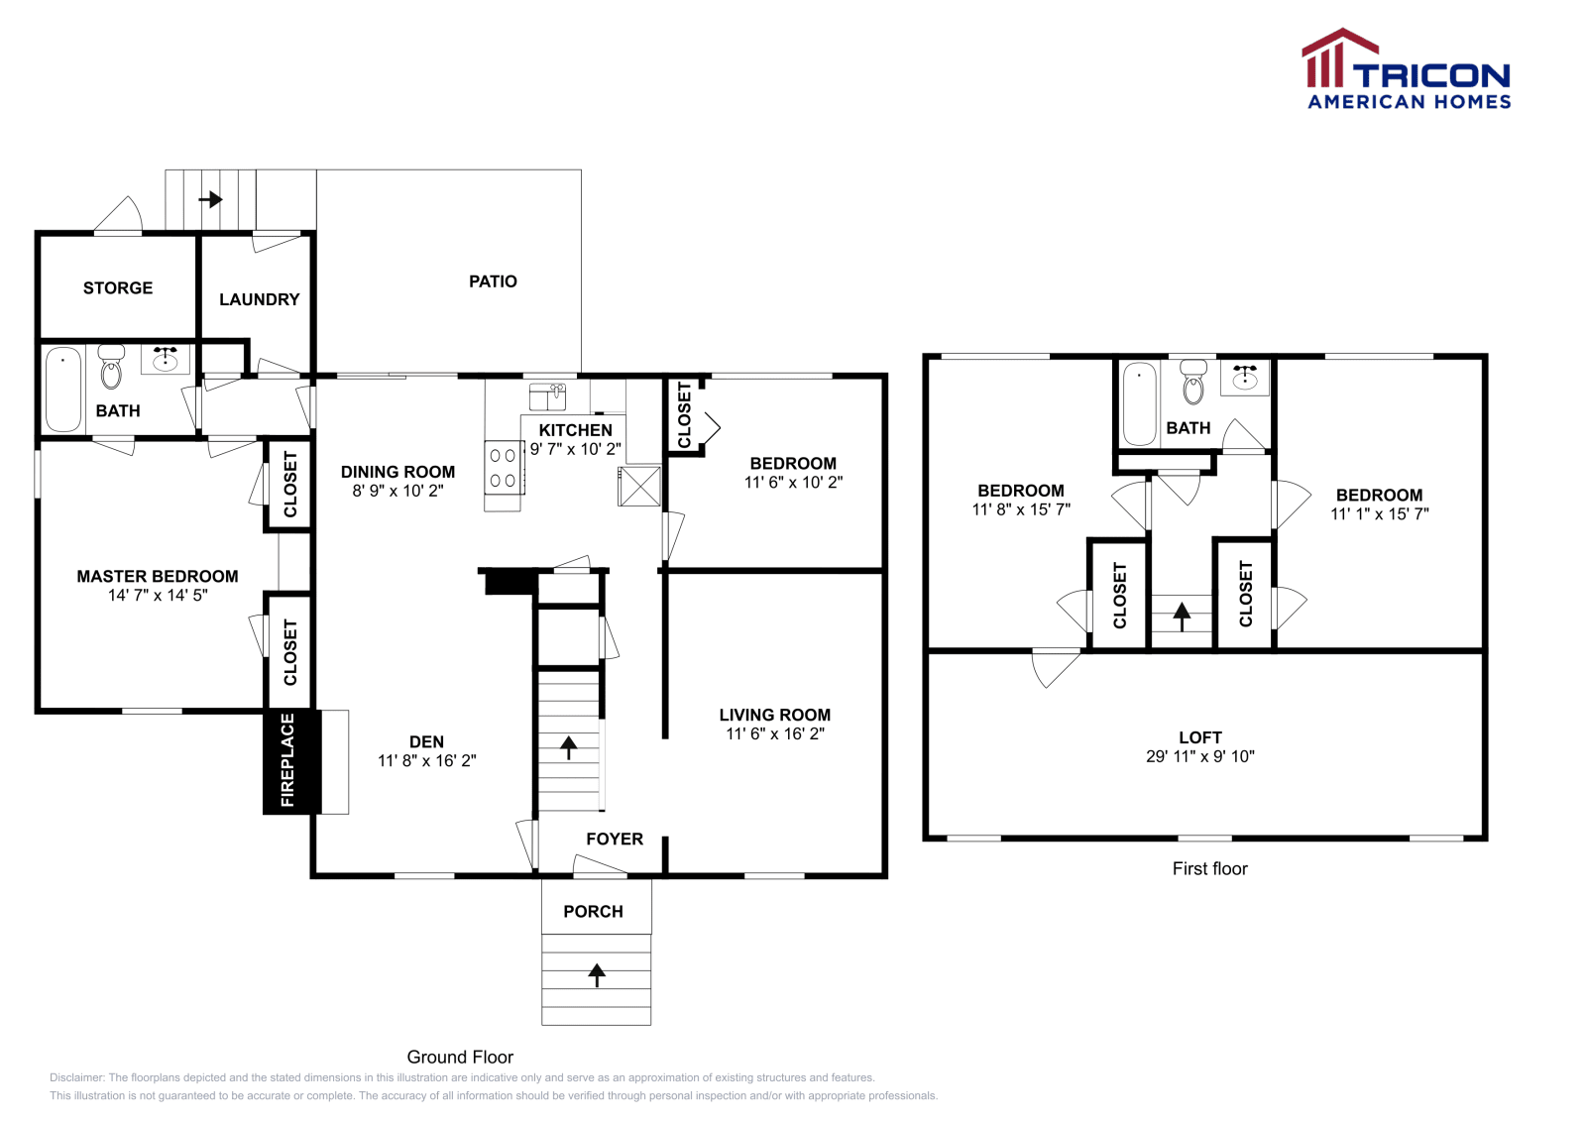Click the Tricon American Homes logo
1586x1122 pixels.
point(1406,68)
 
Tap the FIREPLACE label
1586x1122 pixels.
point(287,760)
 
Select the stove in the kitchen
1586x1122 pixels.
point(504,467)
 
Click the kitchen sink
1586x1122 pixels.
point(547,397)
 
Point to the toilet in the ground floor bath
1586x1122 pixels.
point(111,366)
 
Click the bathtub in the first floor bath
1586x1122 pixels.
point(1139,403)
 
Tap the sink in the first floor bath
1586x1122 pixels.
point(1245,378)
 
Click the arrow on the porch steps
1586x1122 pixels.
point(597,974)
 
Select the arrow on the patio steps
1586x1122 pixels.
point(211,199)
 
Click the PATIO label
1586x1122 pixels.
point(493,281)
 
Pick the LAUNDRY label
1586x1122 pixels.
point(259,299)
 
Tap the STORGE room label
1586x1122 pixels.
point(118,288)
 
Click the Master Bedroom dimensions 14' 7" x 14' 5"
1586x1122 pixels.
point(158,596)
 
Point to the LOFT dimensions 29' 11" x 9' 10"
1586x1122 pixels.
point(1200,756)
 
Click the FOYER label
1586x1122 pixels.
point(615,839)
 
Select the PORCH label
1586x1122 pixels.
point(594,912)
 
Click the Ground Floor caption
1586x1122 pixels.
point(460,1057)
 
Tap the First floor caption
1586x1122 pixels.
point(1210,868)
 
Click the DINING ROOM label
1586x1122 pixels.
point(397,472)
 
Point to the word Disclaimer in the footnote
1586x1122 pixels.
point(77,1077)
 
